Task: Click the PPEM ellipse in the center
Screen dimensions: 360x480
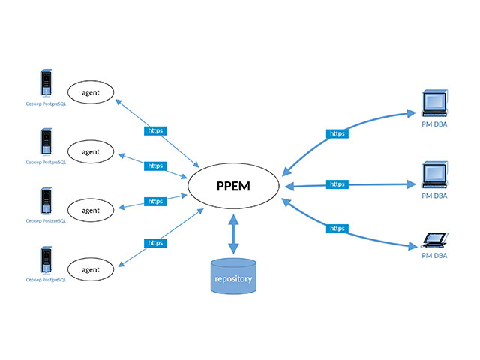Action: pos(232,186)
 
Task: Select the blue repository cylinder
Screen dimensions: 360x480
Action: pos(233,277)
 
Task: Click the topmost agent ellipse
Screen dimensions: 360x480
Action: pos(91,92)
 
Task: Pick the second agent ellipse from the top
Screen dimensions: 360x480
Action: pos(91,151)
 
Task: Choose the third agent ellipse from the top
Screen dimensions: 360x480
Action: pos(91,210)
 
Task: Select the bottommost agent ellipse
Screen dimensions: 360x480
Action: pos(91,268)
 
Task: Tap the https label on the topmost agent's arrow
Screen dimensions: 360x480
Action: pos(155,130)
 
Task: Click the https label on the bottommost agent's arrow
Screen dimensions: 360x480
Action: pos(155,242)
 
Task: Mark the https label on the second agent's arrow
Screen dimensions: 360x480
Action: pos(155,166)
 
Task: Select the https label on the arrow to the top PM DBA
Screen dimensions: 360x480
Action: pos(337,133)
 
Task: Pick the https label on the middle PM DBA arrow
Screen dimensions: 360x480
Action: pos(337,184)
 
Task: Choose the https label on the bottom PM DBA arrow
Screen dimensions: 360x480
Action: pos(337,228)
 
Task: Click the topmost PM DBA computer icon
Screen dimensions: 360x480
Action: pos(434,103)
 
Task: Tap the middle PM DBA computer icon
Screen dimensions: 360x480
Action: pos(434,175)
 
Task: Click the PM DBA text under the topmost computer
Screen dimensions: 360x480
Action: pos(434,124)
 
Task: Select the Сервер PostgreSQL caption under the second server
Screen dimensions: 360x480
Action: pos(46,162)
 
